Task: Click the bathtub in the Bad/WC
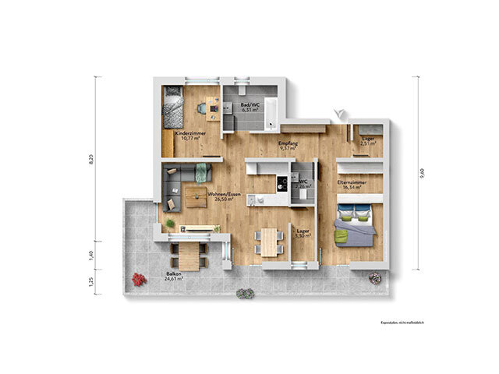(x=270, y=112)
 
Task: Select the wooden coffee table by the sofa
(x=195, y=194)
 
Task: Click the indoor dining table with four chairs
(x=270, y=241)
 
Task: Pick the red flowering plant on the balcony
(x=139, y=278)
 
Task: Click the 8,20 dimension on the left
(x=91, y=159)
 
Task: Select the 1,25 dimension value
(x=91, y=281)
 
